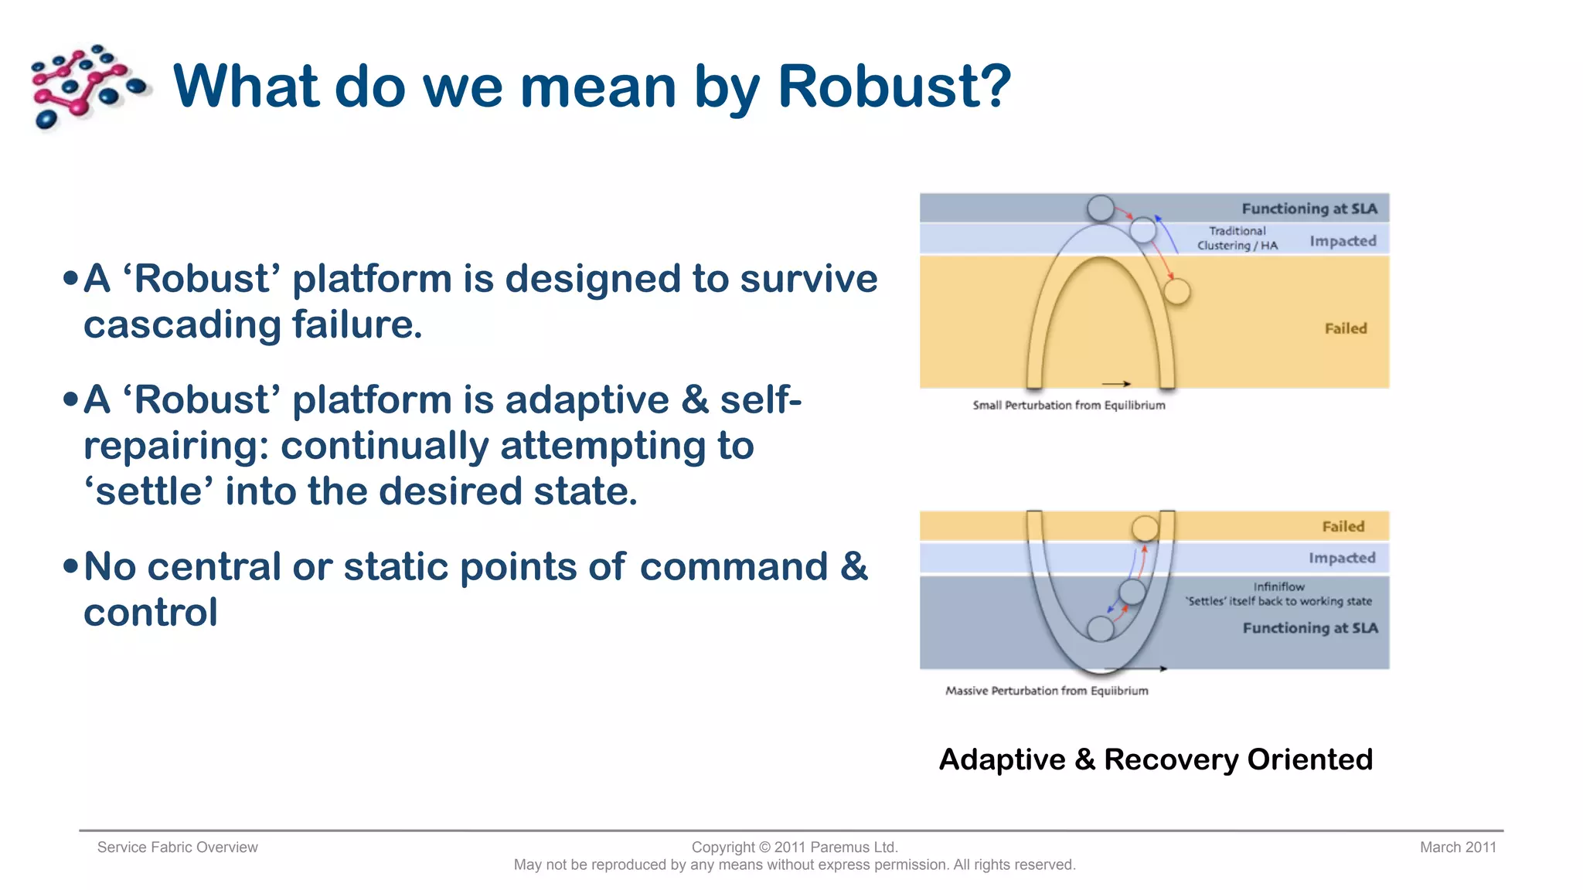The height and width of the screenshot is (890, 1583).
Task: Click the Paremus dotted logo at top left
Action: [87, 86]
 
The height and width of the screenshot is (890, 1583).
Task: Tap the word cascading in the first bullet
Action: [182, 324]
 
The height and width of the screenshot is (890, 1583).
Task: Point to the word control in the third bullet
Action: [151, 613]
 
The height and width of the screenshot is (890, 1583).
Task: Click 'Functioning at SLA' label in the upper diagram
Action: [1309, 209]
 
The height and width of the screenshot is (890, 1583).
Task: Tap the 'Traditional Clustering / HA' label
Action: [1237, 238]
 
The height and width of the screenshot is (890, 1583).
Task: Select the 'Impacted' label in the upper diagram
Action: [1343, 241]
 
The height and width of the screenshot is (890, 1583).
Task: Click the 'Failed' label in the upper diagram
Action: [1345, 328]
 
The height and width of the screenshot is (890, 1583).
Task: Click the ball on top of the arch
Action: [1101, 208]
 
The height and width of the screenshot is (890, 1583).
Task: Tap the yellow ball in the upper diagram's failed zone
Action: [1176, 292]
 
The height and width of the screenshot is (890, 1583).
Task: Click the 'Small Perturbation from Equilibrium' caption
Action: [1068, 405]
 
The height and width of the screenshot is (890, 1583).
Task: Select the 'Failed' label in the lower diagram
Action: [1343, 527]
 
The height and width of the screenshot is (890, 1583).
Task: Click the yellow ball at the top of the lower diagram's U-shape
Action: [1145, 528]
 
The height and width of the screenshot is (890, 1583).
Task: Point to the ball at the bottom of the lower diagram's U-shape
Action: [1101, 628]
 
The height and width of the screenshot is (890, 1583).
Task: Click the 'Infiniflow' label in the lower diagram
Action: [1278, 586]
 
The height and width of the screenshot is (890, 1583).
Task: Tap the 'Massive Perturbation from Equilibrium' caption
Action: [1047, 691]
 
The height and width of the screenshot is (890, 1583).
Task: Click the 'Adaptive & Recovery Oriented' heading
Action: [1156, 759]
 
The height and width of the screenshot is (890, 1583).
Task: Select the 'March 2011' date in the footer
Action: [1457, 848]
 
